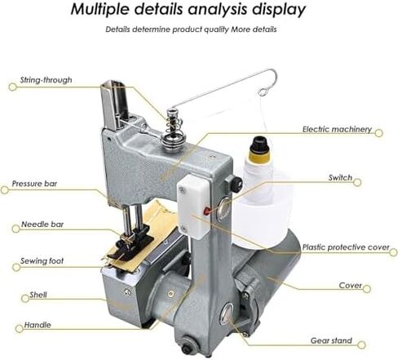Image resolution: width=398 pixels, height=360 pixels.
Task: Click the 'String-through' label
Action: coord(46,80)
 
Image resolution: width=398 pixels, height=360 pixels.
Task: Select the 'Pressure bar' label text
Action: coord(34,184)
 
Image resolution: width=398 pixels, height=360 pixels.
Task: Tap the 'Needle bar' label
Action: coord(42,224)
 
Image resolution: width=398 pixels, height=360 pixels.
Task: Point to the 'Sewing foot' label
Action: coord(42,261)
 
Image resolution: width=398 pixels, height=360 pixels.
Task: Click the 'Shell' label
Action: coord(38,295)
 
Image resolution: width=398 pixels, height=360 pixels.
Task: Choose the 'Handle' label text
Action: coord(38,325)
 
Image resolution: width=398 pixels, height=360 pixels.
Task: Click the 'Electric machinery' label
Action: coord(337,129)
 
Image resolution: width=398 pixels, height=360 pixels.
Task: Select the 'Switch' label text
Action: coord(340,178)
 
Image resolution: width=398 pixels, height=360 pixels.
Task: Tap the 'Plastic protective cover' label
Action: coord(346,247)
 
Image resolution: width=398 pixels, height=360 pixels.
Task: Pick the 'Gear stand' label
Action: coord(331,340)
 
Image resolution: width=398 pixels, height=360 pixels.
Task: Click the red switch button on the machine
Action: coord(207,211)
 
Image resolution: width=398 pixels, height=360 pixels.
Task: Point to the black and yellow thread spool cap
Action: coord(259,149)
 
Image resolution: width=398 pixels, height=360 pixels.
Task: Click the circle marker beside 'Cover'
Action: coord(367,289)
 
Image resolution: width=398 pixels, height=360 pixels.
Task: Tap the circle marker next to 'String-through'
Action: coord(12,87)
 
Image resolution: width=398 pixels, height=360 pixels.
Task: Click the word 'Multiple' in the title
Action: coord(100,10)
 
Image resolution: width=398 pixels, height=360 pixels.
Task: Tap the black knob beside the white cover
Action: coord(234,183)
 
